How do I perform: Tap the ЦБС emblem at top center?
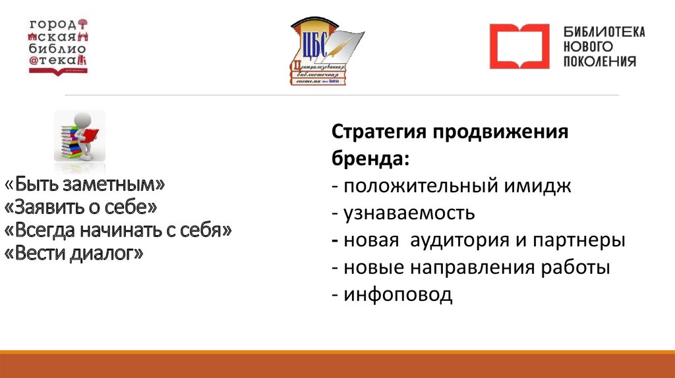pyautogui.click(x=325, y=53)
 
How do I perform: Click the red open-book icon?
pyautogui.click(x=518, y=46)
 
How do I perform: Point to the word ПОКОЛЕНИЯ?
pyautogui.click(x=599, y=61)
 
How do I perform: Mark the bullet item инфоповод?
pyautogui.click(x=397, y=294)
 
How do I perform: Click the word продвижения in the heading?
pyautogui.click(x=500, y=132)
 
